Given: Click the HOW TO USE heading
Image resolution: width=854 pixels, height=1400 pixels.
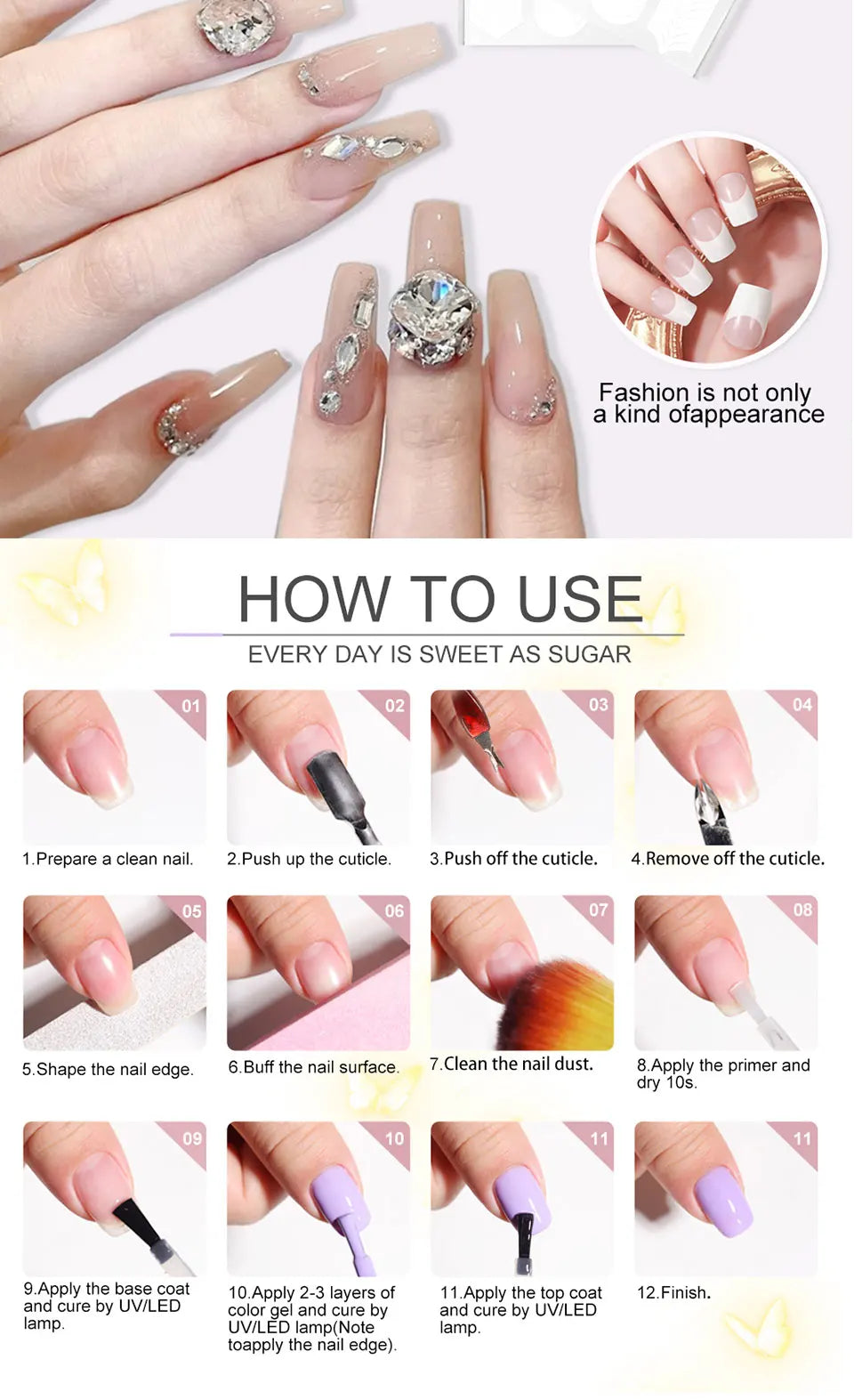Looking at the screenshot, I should (x=439, y=598).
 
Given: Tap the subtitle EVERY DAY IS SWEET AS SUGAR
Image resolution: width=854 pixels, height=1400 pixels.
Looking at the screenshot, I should (x=439, y=655).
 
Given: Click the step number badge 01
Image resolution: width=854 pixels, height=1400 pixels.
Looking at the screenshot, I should (x=190, y=706).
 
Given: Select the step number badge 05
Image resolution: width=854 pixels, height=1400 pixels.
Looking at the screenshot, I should (x=191, y=911).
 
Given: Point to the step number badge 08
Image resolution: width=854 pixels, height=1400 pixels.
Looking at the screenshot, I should (x=802, y=910).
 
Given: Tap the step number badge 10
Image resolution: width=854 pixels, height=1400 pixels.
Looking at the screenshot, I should (x=394, y=1138).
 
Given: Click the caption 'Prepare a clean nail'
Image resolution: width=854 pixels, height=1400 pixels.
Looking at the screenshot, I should (x=108, y=859).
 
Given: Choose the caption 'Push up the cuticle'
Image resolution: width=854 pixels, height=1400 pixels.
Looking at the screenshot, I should (x=309, y=859).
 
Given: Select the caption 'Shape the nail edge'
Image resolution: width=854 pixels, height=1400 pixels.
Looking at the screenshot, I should (x=108, y=1069).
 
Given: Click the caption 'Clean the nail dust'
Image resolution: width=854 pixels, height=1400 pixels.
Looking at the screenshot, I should (x=512, y=1064).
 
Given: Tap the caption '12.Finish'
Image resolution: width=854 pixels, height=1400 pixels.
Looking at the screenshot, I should (x=673, y=1292).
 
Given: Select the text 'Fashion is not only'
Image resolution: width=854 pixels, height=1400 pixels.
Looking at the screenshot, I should (x=705, y=392).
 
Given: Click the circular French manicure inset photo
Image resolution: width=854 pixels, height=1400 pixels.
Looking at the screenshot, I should (x=709, y=251).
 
